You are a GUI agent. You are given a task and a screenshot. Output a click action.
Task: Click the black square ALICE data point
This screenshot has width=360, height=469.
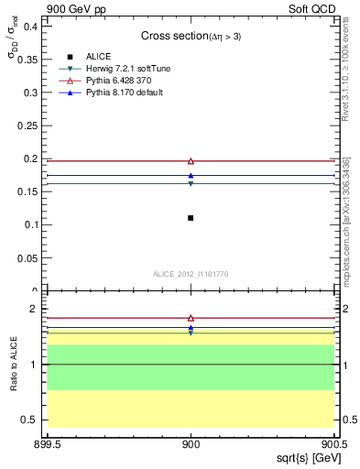coord(191,217)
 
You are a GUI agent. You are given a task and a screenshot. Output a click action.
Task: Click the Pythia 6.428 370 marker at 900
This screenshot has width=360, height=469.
coord(191,161)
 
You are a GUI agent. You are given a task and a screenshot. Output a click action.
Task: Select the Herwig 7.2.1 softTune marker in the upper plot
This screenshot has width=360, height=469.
coord(191,184)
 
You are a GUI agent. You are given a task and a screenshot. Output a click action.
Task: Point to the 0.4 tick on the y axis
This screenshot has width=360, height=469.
coord(32,26)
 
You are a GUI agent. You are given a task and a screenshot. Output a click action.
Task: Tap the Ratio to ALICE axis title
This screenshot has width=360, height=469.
coord(14,365)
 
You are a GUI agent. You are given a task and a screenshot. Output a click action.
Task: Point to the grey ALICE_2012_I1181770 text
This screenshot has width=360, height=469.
coord(191,274)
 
